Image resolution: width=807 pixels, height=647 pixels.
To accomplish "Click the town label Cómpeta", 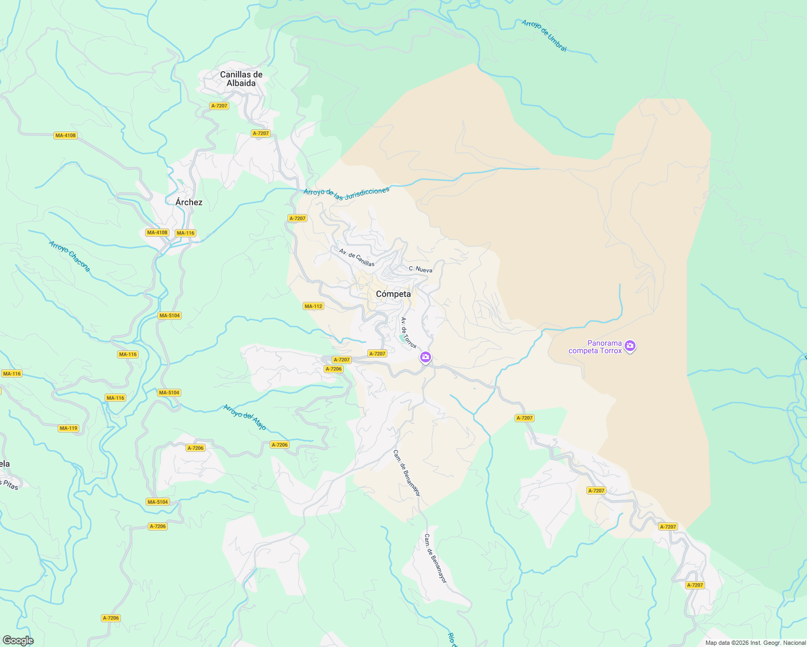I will pyautogui.click(x=393, y=294).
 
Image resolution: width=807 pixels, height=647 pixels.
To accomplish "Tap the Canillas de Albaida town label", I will pyautogui.click(x=241, y=79).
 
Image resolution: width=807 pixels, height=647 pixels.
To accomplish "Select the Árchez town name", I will pyautogui.click(x=189, y=202).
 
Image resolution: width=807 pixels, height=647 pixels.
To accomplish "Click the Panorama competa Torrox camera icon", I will pyautogui.click(x=630, y=346).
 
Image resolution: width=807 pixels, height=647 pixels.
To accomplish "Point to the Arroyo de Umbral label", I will pyautogui.click(x=544, y=36).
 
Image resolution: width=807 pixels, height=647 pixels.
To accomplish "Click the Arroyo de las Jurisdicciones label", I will pyautogui.click(x=346, y=194).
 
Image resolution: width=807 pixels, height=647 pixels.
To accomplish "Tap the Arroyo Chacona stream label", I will pyautogui.click(x=70, y=256).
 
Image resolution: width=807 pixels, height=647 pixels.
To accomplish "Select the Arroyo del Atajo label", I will pyautogui.click(x=245, y=417).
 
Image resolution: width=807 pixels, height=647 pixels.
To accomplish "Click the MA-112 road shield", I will pyautogui.click(x=313, y=306).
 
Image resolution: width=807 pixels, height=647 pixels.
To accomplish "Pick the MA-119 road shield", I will pyautogui.click(x=69, y=428).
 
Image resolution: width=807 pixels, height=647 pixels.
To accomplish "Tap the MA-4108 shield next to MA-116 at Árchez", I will pyautogui.click(x=157, y=232).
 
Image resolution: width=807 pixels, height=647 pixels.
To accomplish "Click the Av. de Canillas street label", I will pyautogui.click(x=357, y=257).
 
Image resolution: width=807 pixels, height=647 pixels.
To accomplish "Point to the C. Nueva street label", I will pyautogui.click(x=420, y=269).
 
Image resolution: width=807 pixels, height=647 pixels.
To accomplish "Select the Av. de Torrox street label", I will pyautogui.click(x=409, y=333).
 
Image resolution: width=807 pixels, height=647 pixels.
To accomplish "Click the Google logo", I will pyautogui.click(x=18, y=641).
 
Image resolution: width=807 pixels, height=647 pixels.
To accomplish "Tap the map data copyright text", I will pyautogui.click(x=755, y=643).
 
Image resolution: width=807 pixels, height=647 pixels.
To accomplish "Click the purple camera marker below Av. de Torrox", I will pyautogui.click(x=426, y=357).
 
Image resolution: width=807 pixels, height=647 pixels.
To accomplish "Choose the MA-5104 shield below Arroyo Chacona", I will pyautogui.click(x=169, y=315).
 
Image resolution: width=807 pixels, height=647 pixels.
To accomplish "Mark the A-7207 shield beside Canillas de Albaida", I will pyautogui.click(x=219, y=106).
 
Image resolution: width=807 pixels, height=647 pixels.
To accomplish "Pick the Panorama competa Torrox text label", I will pyautogui.click(x=596, y=347).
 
